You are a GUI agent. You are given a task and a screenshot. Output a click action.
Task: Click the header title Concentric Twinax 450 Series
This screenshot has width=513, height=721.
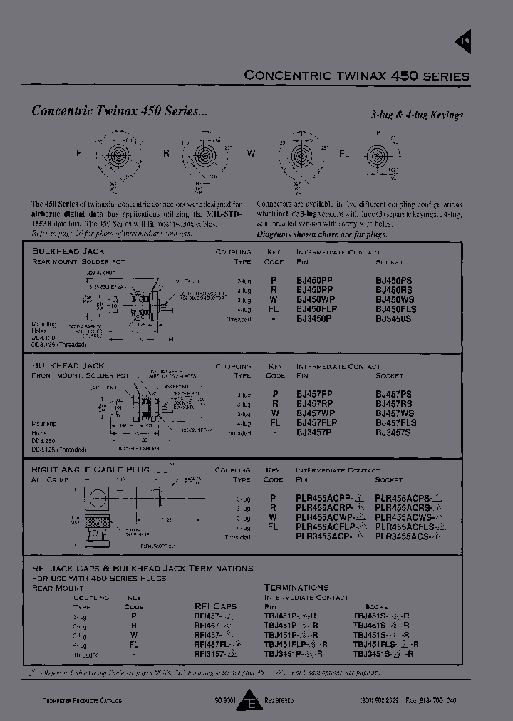coord(356,76)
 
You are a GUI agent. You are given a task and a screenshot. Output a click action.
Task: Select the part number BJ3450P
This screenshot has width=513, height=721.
coord(314,318)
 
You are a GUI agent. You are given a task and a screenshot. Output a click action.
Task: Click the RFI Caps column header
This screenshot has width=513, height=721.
coord(214,606)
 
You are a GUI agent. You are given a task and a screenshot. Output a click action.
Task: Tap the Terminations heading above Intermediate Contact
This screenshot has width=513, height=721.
coord(296,587)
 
